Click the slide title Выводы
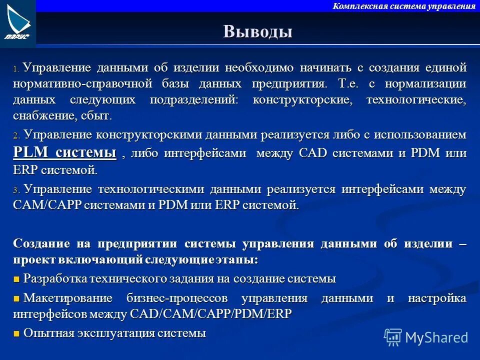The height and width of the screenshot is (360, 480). tap(257, 31)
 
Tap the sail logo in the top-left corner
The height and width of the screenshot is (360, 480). tap(18, 22)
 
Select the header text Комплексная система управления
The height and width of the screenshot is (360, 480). tap(404, 6)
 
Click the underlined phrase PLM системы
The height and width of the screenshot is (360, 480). tap(64, 152)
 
